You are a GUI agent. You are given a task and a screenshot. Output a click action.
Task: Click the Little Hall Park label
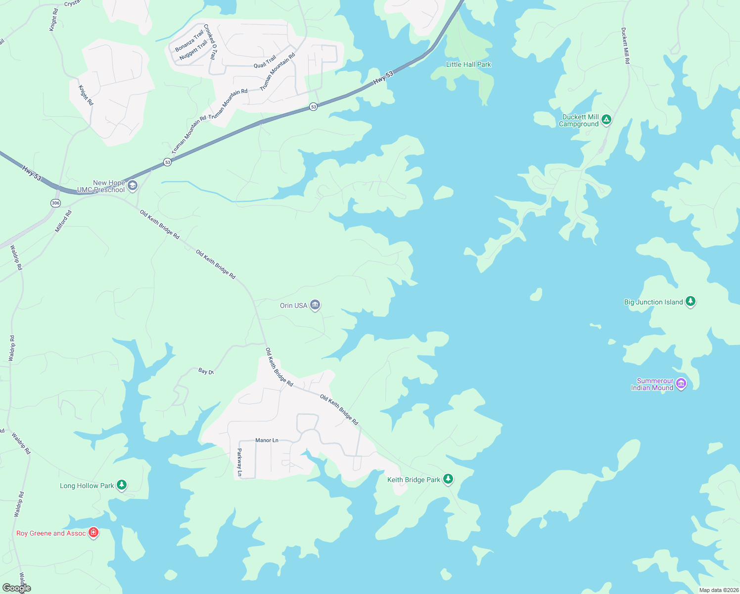pyautogui.click(x=468, y=64)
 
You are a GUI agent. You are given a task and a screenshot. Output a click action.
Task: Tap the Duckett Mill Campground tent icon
pyautogui.click(x=606, y=119)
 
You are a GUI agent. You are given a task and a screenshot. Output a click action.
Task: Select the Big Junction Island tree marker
pyautogui.click(x=691, y=301)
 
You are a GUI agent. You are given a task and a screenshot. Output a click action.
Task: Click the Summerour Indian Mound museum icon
pyautogui.click(x=681, y=383)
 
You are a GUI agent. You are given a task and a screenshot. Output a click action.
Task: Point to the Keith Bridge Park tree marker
pyautogui.click(x=448, y=479)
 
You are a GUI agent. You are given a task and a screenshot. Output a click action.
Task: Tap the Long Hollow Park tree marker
pyautogui.click(x=122, y=485)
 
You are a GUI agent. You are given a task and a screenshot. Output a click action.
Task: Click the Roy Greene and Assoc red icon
pyautogui.click(x=93, y=532)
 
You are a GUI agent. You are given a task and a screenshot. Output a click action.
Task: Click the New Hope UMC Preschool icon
pyautogui.click(x=132, y=186)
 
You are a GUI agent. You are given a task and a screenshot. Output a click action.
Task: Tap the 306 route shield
pyautogui.click(x=55, y=203)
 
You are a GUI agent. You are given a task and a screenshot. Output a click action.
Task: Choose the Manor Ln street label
pyautogui.click(x=267, y=440)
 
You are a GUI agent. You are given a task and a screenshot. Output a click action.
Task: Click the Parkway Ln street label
pyautogui.click(x=239, y=462)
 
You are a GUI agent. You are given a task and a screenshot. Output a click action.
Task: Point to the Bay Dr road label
pyautogui.click(x=206, y=371)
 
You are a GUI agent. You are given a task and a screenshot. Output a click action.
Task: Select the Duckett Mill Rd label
pyautogui.click(x=626, y=46)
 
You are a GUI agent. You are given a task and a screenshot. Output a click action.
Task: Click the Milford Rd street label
pyautogui.click(x=63, y=221)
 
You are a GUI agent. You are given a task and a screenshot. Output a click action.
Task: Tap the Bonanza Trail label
pyautogui.click(x=189, y=41)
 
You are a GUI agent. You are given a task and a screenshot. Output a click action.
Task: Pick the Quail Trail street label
pyautogui.click(x=265, y=62)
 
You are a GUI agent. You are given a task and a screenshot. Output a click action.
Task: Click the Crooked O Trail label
pyautogui.click(x=210, y=42)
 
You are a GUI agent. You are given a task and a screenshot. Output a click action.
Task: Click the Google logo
pyautogui.click(x=17, y=588)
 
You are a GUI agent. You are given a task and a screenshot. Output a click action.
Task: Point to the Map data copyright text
pyautogui.click(x=718, y=590)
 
